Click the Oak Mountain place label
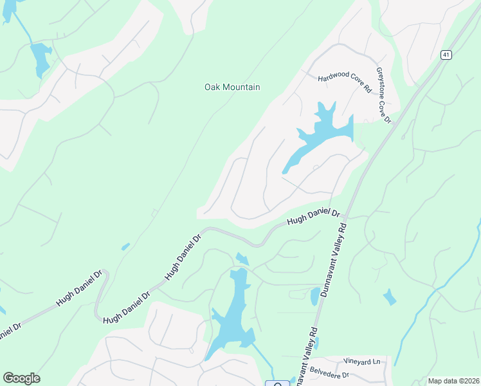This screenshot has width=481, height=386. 232,87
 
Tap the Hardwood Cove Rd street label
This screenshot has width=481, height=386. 345,84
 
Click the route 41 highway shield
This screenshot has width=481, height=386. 445,55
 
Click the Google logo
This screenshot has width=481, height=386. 21,378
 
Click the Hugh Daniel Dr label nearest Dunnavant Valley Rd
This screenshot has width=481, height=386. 313,217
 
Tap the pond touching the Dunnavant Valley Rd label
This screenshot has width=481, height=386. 314,296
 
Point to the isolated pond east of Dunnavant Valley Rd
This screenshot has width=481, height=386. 389,297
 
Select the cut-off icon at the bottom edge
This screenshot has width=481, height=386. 278,384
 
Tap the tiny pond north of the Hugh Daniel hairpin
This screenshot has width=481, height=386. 125,246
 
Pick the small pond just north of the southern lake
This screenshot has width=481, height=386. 242,259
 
